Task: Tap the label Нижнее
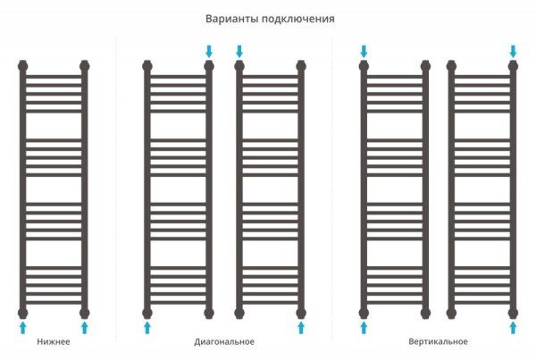click(x=54, y=342)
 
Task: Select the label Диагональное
click(x=224, y=342)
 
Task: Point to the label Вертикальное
click(x=438, y=342)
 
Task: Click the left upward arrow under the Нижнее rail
click(x=23, y=328)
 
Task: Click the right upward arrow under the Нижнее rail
click(x=85, y=328)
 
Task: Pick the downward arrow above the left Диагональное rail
click(x=209, y=50)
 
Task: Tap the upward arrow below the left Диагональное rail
click(x=147, y=328)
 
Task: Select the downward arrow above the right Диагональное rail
click(x=239, y=50)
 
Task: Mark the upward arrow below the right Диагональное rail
click(x=301, y=328)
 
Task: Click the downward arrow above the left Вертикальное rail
click(x=364, y=50)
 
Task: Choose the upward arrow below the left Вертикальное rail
click(x=364, y=328)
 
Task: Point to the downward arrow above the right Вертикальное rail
click(x=513, y=50)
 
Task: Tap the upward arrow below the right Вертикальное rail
click(x=513, y=328)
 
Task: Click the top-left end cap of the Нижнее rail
click(x=23, y=66)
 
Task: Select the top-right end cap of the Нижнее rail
click(x=85, y=66)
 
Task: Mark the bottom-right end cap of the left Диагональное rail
click(x=209, y=312)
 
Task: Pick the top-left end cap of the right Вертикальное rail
click(x=451, y=66)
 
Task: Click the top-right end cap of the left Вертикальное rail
click(x=425, y=66)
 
